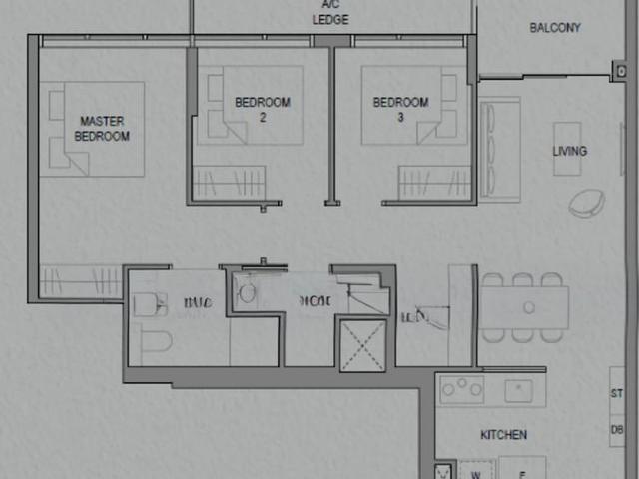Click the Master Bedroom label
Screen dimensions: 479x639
coord(102,128)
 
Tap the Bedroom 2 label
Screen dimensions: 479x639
coord(263,109)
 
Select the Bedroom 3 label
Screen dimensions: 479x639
coord(400,109)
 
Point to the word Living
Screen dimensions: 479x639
coord(570,152)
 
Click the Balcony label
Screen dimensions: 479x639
coord(554,28)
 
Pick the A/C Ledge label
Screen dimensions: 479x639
coord(329,12)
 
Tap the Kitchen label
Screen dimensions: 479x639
coord(503,435)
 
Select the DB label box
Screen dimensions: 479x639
coord(618,429)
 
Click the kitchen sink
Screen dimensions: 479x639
coord(518,390)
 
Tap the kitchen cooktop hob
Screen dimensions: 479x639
coord(462,389)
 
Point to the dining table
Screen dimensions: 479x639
coord(526,307)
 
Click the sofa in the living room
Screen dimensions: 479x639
coord(499,148)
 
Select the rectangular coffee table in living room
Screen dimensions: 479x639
coord(567,148)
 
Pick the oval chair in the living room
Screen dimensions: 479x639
coord(586,202)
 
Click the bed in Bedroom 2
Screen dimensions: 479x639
coord(262,105)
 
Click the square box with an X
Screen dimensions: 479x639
coord(362,345)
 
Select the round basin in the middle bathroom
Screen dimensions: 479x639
coord(247,292)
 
